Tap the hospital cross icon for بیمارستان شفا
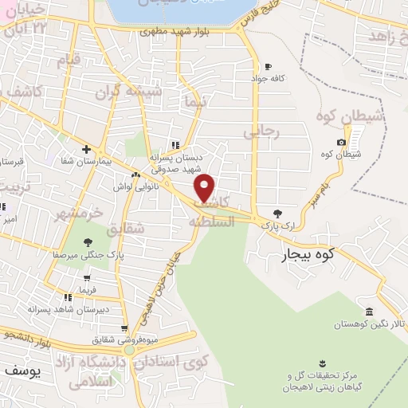[x=87, y=149]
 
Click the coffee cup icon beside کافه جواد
[x=269, y=66]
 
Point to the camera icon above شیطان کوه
[x=341, y=142]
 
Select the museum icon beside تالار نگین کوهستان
[x=369, y=312]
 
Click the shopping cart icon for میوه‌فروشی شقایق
[x=124, y=328]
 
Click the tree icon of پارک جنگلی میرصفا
[x=88, y=241]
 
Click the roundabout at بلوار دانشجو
[x=127, y=349]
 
